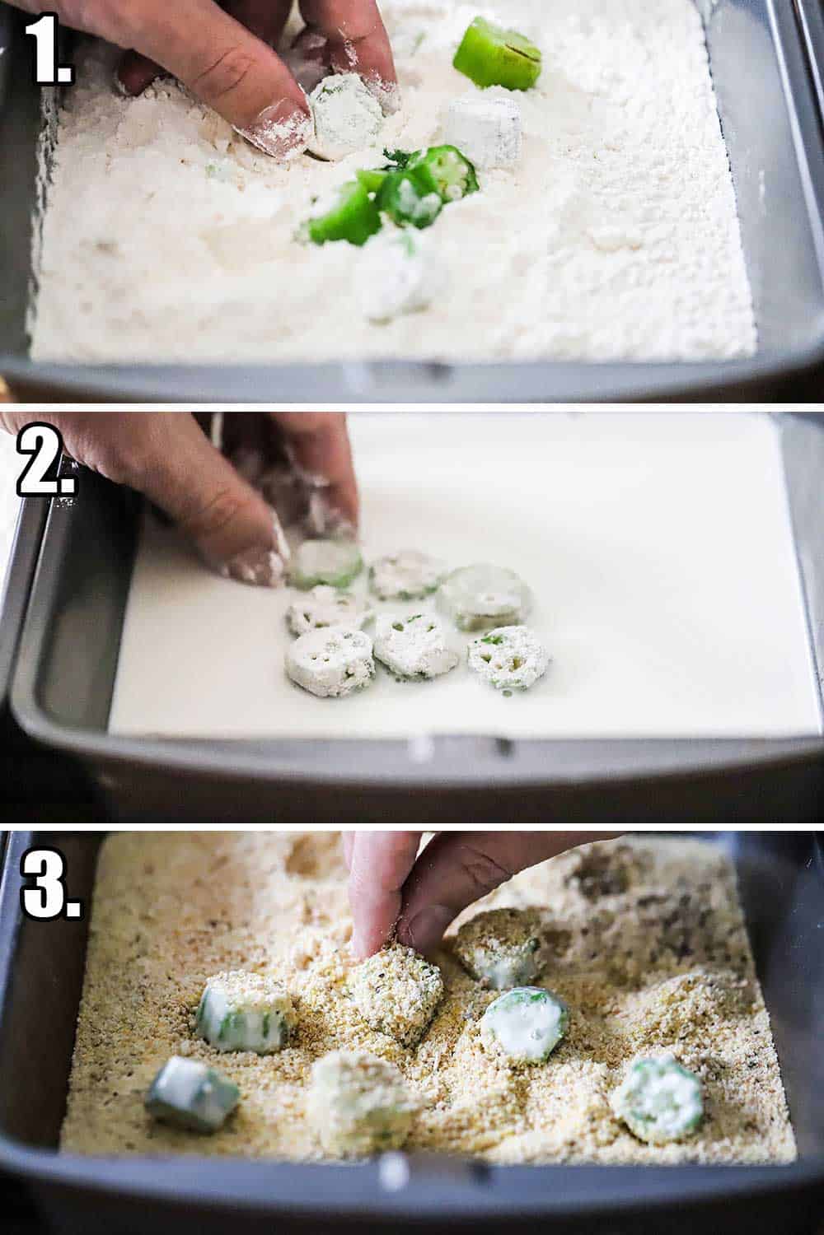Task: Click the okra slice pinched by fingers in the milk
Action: coord(328,566)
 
